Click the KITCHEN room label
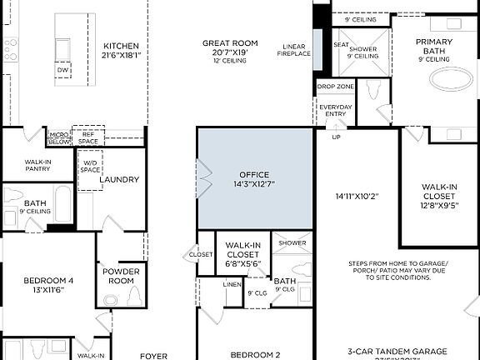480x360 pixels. coord(122,47)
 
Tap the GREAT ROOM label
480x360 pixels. coord(230,42)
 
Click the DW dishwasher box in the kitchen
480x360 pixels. coord(63,71)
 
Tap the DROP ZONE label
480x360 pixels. coord(333,87)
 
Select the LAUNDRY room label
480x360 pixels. coord(118,179)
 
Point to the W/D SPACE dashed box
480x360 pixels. coord(90,166)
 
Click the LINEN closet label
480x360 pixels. coord(232,284)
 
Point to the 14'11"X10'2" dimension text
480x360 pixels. coord(357,197)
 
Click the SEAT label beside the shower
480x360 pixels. coord(342,45)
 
